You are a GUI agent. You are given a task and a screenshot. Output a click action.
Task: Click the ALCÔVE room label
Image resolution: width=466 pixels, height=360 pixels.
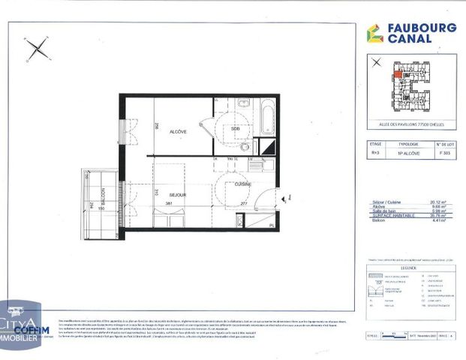[178, 131]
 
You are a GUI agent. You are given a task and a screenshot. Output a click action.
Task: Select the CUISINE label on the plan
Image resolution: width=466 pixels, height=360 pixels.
[242, 184]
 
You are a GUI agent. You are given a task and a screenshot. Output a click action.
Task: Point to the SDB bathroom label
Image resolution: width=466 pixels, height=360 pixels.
[235, 129]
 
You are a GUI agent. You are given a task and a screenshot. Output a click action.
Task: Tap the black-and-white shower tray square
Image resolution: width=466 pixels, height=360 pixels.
[268, 148]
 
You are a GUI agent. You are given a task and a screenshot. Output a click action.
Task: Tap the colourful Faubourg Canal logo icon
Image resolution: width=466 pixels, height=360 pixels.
[374, 34]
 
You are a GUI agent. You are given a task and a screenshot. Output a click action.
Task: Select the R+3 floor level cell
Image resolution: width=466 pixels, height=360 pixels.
[376, 152]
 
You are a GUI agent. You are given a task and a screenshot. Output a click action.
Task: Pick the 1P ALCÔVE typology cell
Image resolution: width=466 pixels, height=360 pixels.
[408, 152]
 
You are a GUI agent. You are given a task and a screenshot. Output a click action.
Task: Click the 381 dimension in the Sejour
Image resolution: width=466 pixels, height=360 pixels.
[170, 202]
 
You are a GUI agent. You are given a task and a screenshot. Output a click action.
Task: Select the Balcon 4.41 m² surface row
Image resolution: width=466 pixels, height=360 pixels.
[409, 220]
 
